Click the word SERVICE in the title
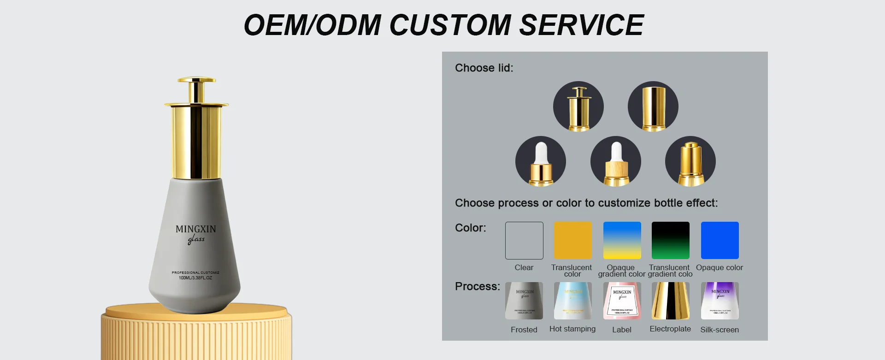[581, 25]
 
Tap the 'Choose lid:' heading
[484, 68]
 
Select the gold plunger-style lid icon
[578, 106]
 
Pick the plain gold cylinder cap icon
[653, 106]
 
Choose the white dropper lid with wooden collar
[616, 161]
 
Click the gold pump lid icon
[690, 161]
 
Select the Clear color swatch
[524, 241]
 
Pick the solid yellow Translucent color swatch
[572, 241]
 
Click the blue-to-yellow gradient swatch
[622, 241]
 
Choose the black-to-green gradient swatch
[671, 241]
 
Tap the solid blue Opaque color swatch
[720, 241]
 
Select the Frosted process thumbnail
[524, 301]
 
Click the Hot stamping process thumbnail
[572, 301]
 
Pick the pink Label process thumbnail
[622, 301]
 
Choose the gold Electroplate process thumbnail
[671, 301]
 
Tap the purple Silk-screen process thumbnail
[720, 301]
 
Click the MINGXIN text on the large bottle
[195, 229]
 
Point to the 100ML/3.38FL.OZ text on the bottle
[195, 278]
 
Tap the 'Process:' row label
[477, 287]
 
